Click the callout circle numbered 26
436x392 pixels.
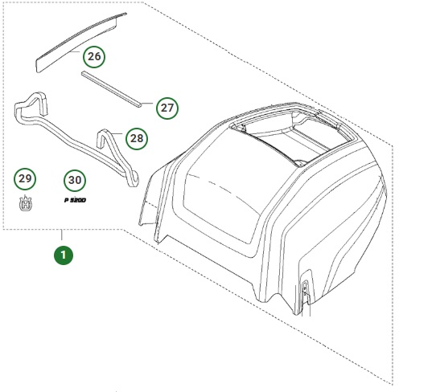pos(94,56)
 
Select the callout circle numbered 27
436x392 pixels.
pos(167,108)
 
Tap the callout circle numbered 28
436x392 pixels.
pos(137,138)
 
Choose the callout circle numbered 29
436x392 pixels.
pos(25,178)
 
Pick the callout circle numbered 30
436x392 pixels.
pos(75,179)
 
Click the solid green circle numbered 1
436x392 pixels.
pos(64,255)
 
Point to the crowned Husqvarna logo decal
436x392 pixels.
pos(25,204)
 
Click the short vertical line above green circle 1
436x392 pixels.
pos(64,237)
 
